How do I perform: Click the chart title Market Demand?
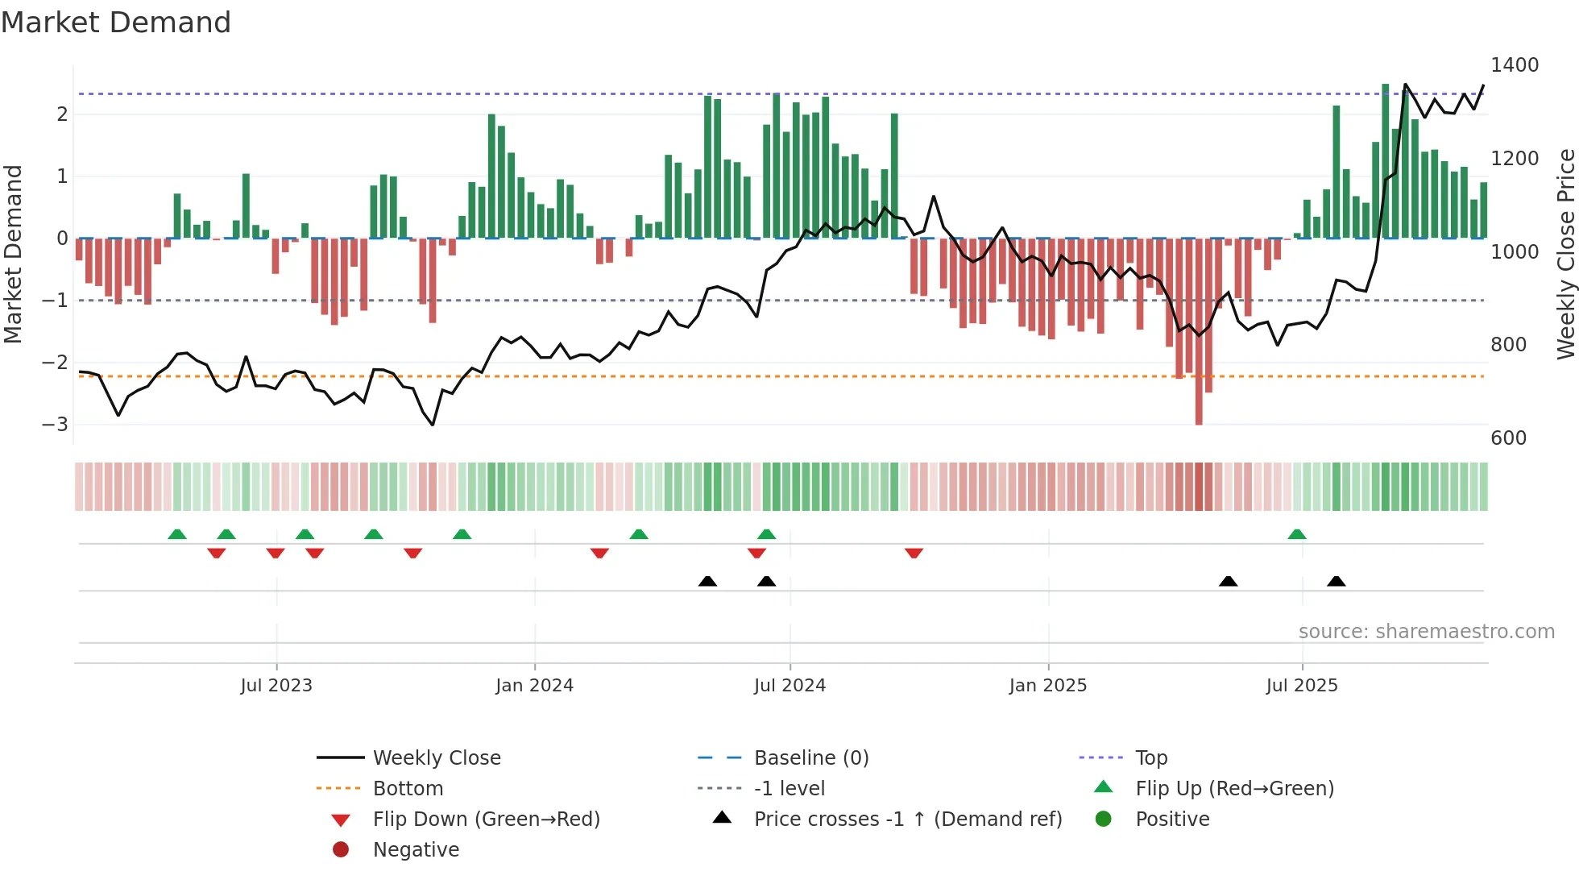click(x=116, y=23)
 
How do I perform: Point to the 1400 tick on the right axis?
click(x=1514, y=65)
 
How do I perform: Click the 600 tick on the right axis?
click(x=1508, y=438)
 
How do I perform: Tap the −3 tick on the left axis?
click(x=55, y=424)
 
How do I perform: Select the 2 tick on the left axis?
click(x=62, y=114)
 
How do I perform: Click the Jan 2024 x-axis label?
click(x=534, y=686)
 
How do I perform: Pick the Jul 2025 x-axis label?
click(x=1301, y=686)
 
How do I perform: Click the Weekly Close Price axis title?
click(x=1565, y=254)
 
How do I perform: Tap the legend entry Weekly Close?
click(x=436, y=758)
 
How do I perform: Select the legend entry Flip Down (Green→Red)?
click(x=486, y=820)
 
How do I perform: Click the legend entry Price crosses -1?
click(x=907, y=820)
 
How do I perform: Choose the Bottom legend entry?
click(x=408, y=789)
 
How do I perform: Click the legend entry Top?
click(x=1150, y=758)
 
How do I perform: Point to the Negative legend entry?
click(x=416, y=850)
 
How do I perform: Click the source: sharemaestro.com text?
click(x=1426, y=632)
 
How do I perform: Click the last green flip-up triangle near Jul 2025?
click(x=1297, y=534)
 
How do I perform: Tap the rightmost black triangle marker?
click(x=1336, y=581)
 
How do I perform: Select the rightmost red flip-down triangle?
click(x=914, y=553)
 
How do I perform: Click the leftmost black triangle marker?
click(x=707, y=581)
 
